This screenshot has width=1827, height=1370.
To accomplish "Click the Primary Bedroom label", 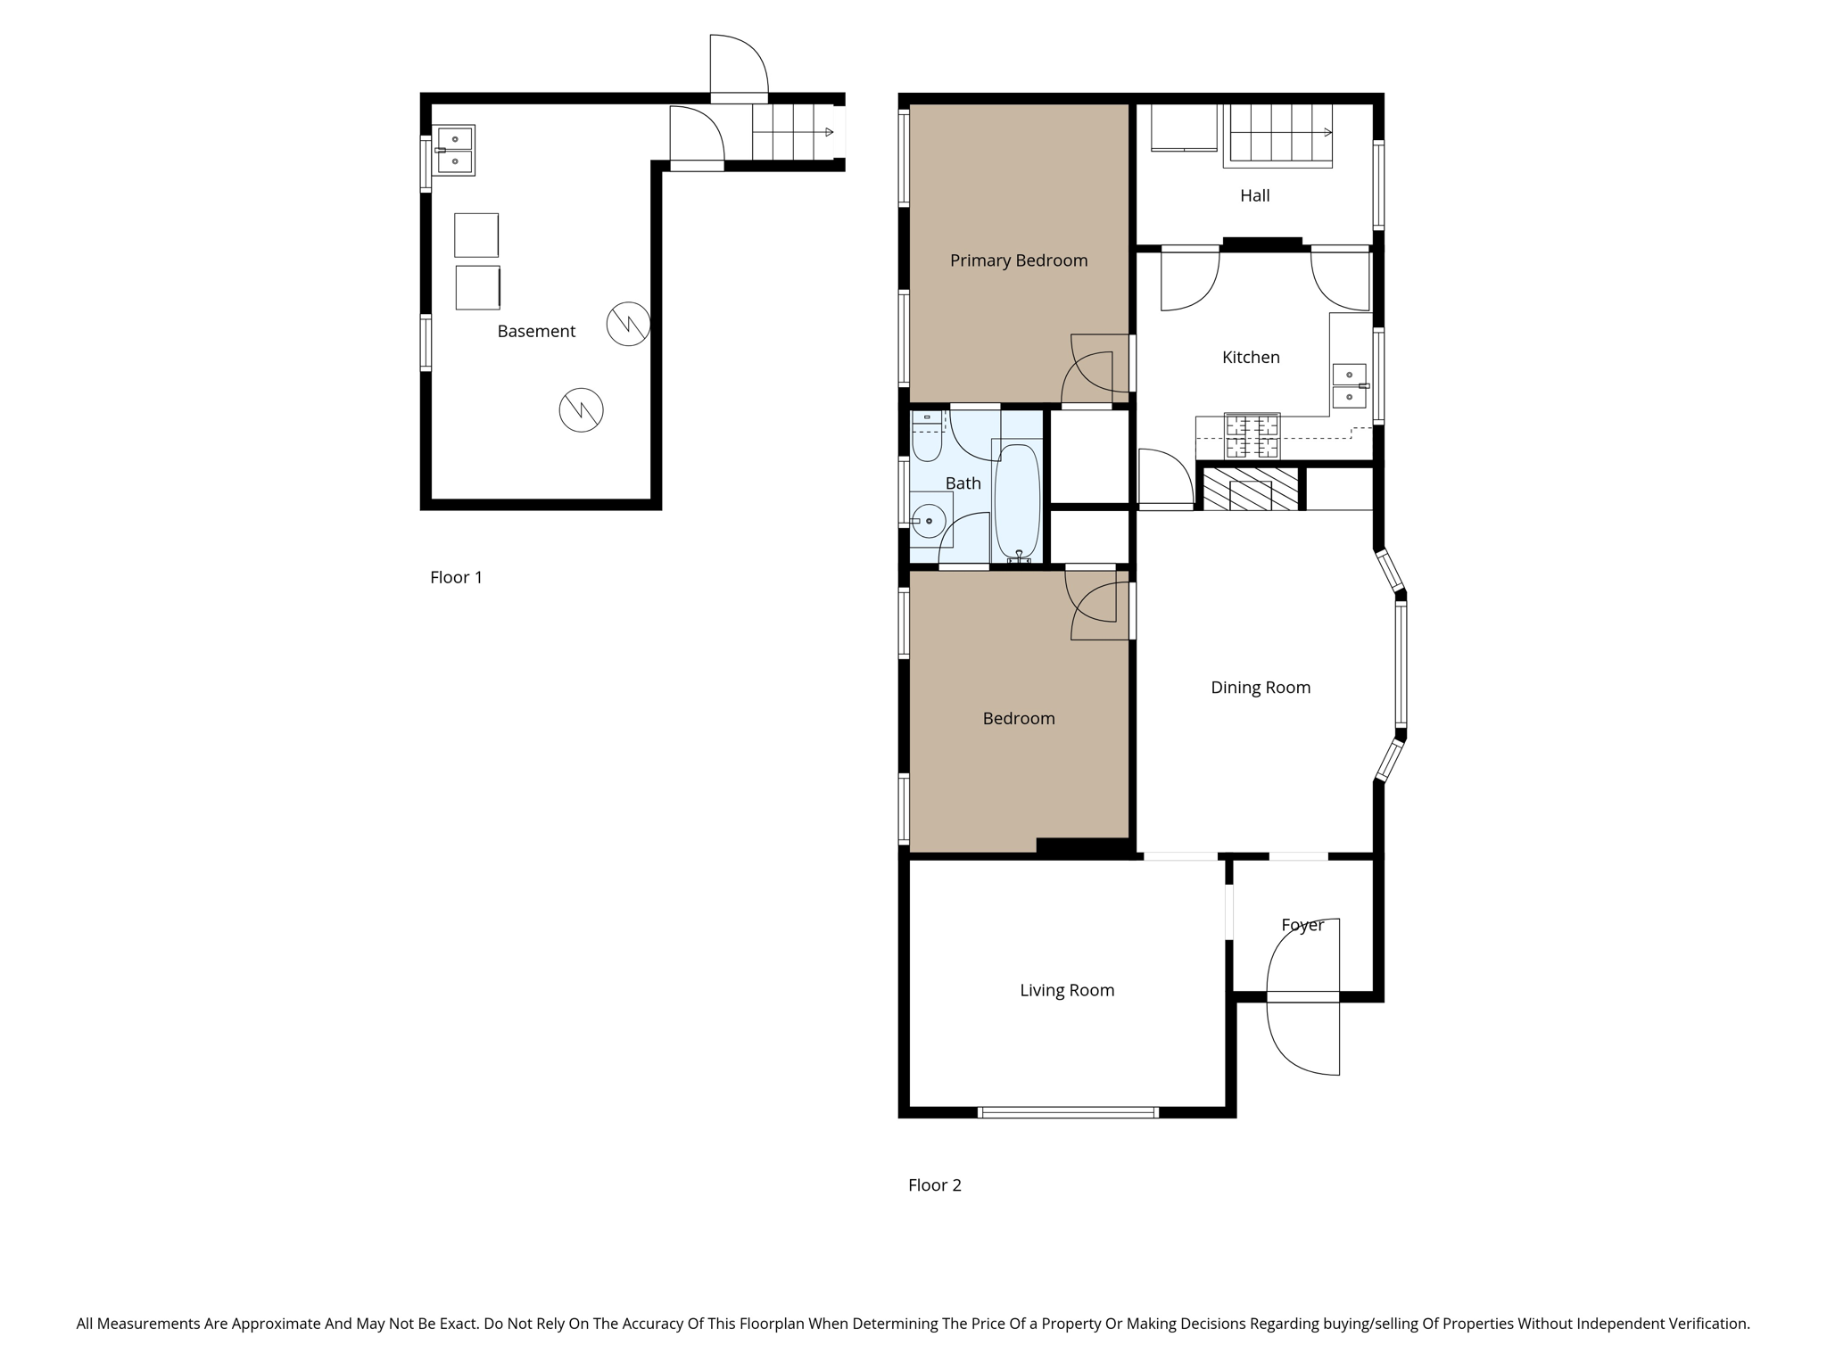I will pyautogui.click(x=1018, y=260).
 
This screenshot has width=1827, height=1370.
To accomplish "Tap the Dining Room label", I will pyautogui.click(x=1260, y=688).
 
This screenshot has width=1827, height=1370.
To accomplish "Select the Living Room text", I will pyautogui.click(x=1067, y=990).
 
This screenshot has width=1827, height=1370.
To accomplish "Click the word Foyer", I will pyautogui.click(x=1302, y=925).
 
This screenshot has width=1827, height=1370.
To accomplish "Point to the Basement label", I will pyautogui.click(x=536, y=331).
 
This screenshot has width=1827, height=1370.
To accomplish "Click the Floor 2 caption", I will pyautogui.click(x=934, y=1185).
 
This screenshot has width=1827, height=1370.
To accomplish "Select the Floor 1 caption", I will pyautogui.click(x=456, y=577).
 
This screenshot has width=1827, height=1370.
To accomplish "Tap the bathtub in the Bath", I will pyautogui.click(x=1017, y=502).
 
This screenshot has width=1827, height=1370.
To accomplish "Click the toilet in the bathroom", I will pyautogui.click(x=927, y=437).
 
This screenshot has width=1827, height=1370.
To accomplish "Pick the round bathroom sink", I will pyautogui.click(x=929, y=520).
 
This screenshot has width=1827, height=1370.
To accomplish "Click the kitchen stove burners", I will pyautogui.click(x=1252, y=436).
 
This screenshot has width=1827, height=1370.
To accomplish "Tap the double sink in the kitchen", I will pyautogui.click(x=1349, y=386).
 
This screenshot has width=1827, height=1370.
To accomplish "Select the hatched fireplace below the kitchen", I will pyautogui.click(x=1250, y=489).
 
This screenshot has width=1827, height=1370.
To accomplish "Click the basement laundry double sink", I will pyautogui.click(x=455, y=150).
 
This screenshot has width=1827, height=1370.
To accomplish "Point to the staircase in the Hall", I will pyautogui.click(x=1277, y=134).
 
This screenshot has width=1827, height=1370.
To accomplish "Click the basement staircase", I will pyautogui.click(x=792, y=132).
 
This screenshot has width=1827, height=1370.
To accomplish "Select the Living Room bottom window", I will pyautogui.click(x=1067, y=1111).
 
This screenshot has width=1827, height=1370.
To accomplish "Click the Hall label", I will pyautogui.click(x=1254, y=195).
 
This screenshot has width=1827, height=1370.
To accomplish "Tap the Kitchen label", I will pyautogui.click(x=1250, y=358).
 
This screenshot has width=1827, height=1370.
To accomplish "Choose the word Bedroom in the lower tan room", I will pyautogui.click(x=1018, y=719).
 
